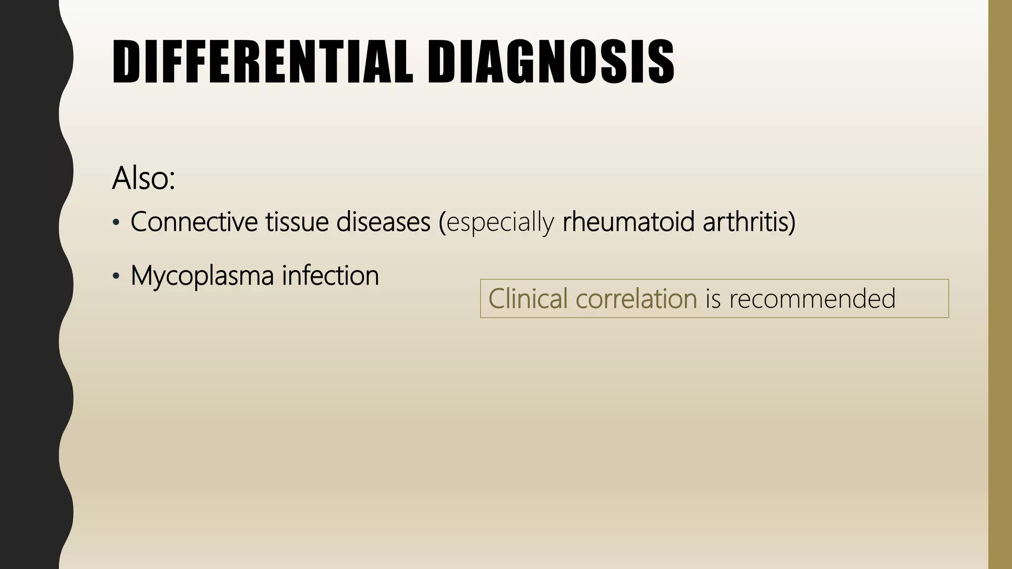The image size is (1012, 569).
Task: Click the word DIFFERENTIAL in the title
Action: tap(262, 62)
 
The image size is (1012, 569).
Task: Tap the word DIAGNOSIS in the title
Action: tap(550, 62)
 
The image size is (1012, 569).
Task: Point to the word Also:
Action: tap(143, 178)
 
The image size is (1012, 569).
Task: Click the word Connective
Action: tap(194, 222)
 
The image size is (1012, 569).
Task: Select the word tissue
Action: tap(296, 222)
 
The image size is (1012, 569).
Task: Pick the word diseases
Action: tap(383, 222)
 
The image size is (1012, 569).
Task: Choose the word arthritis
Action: tap(744, 222)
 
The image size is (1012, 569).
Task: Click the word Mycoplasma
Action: tap(202, 276)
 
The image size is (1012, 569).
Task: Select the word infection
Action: tap(330, 275)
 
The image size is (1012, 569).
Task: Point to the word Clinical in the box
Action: tap(528, 299)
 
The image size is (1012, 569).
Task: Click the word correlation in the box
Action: tap(636, 299)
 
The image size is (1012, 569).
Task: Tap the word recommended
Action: tap(812, 299)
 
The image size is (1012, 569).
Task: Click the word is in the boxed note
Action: tap(713, 299)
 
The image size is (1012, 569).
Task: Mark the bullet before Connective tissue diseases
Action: tap(116, 223)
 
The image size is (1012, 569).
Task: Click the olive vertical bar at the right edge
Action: tap(1000, 284)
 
